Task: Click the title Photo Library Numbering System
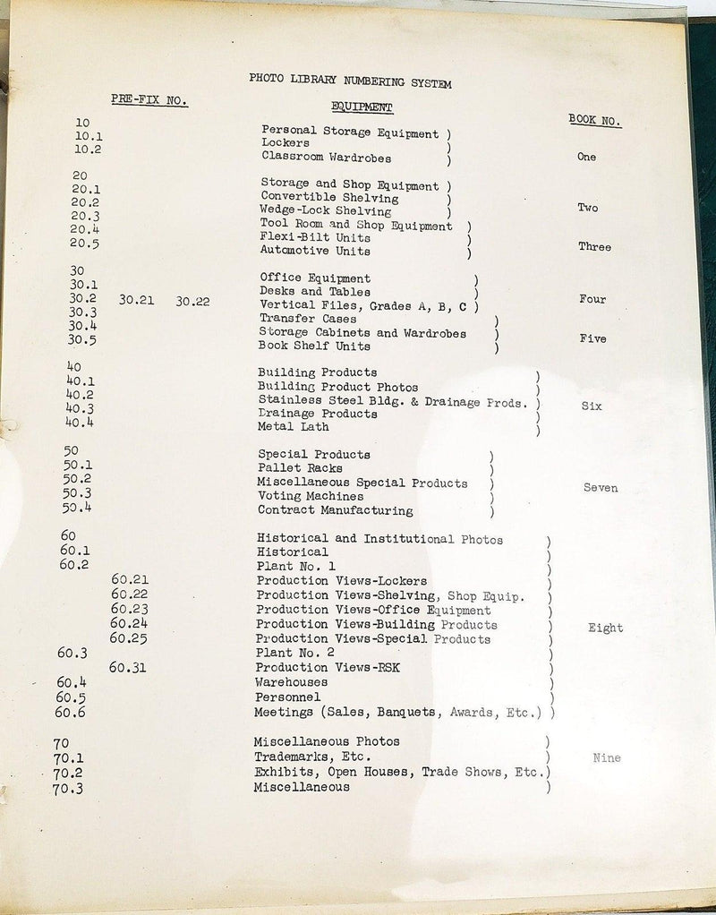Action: pyautogui.click(x=350, y=81)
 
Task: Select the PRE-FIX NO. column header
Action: pyautogui.click(x=149, y=100)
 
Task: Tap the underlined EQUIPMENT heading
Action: pyautogui.click(x=362, y=107)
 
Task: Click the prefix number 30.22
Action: pyautogui.click(x=192, y=302)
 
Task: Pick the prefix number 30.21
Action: pyautogui.click(x=136, y=301)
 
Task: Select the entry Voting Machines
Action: pyautogui.click(x=311, y=496)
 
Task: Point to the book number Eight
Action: pyautogui.click(x=605, y=628)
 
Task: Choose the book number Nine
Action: pyautogui.click(x=607, y=758)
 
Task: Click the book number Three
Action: pyautogui.click(x=594, y=246)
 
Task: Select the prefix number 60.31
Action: pyautogui.click(x=129, y=667)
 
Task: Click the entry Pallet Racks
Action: pyautogui.click(x=300, y=468)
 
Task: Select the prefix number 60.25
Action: pyautogui.click(x=129, y=638)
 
